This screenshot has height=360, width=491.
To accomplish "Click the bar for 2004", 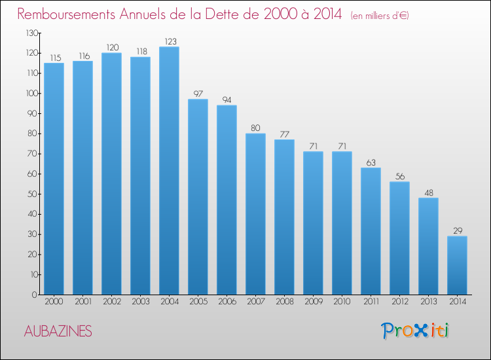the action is (169, 171).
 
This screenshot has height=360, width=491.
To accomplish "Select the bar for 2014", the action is (457, 265).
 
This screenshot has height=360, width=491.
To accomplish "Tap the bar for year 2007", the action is (255, 214).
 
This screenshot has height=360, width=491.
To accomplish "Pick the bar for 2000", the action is (54, 179).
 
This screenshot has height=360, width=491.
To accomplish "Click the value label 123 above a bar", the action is (171, 41).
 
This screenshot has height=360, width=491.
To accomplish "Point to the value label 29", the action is (458, 230).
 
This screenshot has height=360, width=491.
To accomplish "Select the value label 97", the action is (198, 94).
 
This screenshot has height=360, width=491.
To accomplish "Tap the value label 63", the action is (371, 162).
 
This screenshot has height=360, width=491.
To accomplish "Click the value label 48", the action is (429, 193).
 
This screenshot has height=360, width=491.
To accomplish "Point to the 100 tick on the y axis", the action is (33, 94).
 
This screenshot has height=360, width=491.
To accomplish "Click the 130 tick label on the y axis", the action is (33, 33).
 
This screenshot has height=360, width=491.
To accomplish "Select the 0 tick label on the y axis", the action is (35, 295).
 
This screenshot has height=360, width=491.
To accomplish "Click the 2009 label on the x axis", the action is (314, 302).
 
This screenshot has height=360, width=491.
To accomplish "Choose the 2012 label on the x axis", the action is (400, 302).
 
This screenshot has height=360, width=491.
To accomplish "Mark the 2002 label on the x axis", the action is (112, 302).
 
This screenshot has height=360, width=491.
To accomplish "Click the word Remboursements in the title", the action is (66, 14).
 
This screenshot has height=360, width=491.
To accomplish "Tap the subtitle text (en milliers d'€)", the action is (380, 15).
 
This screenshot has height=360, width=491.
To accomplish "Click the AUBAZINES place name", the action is (58, 331).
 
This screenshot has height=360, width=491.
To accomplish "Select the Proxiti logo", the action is (415, 331).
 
